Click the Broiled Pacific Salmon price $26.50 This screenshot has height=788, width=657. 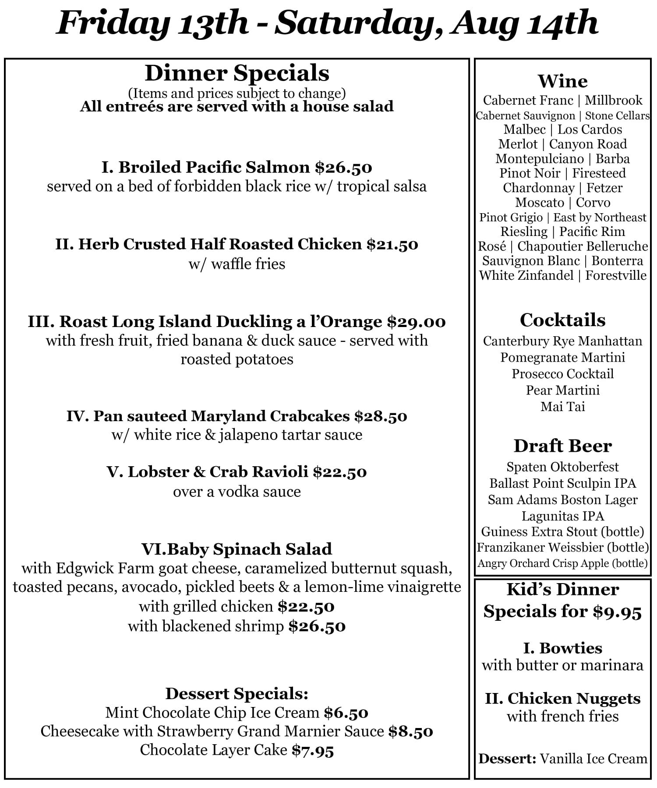coord(343,168)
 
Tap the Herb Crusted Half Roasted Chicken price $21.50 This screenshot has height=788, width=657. coord(392,244)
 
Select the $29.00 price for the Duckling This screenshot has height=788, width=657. coord(416,322)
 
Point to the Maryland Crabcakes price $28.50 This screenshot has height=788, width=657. coord(381,416)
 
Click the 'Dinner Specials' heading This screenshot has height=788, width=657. coord(237,73)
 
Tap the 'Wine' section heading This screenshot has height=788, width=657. coord(562,81)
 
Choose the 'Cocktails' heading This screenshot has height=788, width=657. coord(562,320)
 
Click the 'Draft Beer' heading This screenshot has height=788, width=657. coord(562,446)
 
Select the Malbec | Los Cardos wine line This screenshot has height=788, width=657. coord(562,130)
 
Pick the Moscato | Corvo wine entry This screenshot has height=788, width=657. coord(562,203)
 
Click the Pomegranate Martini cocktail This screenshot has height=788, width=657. coord(562,358)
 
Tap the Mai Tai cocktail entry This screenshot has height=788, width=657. coord(562,407)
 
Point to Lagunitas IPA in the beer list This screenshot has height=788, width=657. coord(562,516)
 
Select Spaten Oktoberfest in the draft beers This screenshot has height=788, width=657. coord(562,467)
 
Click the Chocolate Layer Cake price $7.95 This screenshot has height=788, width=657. coord(313,750)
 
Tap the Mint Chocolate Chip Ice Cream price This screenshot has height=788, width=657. coord(346,713)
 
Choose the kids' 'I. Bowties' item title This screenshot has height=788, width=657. coord(562,648)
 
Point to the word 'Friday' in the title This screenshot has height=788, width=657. coord(113,23)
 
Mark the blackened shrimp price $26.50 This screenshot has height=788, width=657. coord(317,626)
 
